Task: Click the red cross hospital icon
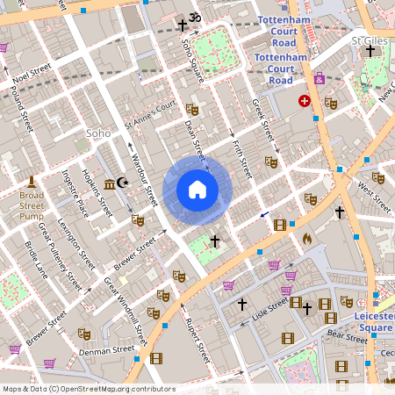305,101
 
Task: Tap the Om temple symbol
195,18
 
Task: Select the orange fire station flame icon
307,238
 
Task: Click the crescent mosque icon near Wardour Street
122,183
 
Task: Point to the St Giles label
369,39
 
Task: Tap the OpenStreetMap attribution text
89,388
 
